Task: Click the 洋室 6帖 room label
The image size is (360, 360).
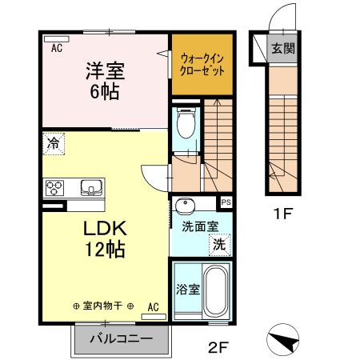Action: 103,81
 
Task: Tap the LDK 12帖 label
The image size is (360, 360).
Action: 105,238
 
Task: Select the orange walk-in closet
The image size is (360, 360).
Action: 201,63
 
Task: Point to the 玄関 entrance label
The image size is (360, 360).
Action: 282,48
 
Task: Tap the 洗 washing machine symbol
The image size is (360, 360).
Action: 218,243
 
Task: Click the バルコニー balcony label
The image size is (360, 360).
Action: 125,339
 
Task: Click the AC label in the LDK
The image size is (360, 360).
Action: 154,306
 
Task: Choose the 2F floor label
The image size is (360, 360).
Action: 217,347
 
